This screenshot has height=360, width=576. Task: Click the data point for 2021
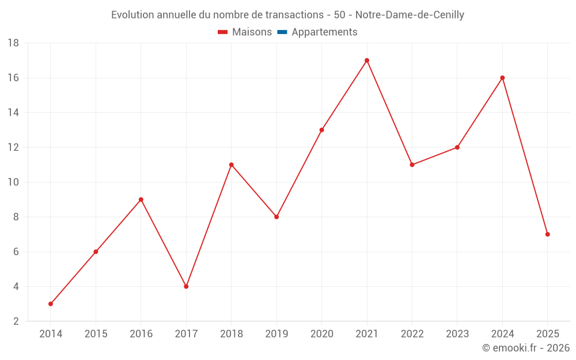pos(366,60)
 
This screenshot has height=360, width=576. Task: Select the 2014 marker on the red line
pos(51,304)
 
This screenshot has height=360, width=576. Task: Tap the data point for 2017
pos(186,286)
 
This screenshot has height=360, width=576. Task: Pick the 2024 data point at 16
pos(502,78)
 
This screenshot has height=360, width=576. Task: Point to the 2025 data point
pos(547,234)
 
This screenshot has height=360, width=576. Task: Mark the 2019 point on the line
pos(276,217)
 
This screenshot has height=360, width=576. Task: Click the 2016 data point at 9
pos(141,199)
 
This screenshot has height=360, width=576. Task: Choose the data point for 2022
pos(412,165)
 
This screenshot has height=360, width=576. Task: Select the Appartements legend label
pos(324,32)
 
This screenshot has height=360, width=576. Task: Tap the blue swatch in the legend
pos(282,32)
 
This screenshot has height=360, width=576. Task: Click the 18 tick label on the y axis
pos(13,43)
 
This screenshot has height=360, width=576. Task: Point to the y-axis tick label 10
pos(13,182)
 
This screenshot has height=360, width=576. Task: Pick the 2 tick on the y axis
pos(16,321)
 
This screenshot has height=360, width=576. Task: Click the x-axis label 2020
pos(322,334)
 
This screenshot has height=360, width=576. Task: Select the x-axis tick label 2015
pos(96,334)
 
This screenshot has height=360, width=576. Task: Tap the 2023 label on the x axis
pos(457,334)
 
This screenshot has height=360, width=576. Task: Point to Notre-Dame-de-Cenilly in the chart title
pos(410,15)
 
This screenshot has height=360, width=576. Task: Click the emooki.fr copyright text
pos(526,347)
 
